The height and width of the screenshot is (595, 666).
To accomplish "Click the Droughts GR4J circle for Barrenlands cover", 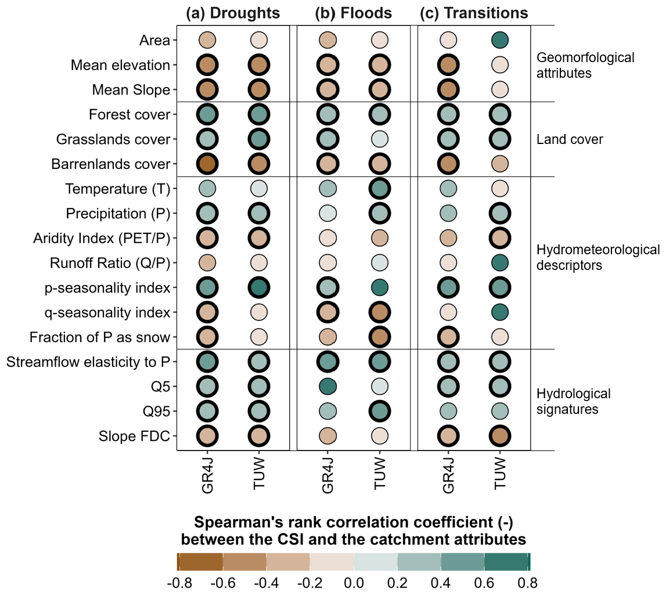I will coord(207,164).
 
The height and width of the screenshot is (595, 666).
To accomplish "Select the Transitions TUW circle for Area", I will coord(500,40).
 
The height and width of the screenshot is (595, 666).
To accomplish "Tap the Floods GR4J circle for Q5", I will coord(328,386).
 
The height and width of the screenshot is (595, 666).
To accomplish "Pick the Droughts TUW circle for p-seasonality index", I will coord(258,287).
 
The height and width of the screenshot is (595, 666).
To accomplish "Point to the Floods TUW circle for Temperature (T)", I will coord(379,189).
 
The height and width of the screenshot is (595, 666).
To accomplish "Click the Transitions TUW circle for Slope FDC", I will coord(500,435).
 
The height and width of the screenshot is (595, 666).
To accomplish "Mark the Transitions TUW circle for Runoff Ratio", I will coord(500,263).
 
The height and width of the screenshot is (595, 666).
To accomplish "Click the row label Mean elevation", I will coord(120,65).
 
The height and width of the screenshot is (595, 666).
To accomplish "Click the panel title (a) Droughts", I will coord(233,13).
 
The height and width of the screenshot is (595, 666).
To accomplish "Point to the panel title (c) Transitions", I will coord(474,13).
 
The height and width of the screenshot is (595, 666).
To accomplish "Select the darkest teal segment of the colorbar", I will coord(506,562).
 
